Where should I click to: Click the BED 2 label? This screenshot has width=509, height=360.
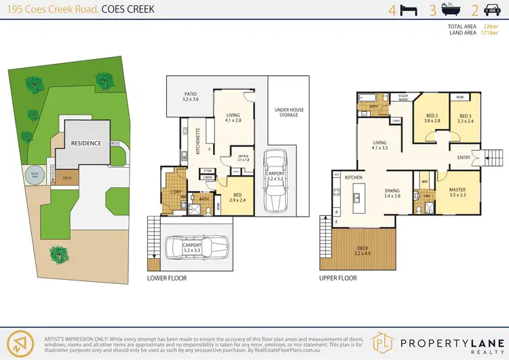point(433,116)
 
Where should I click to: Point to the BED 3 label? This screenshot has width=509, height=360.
point(465,116)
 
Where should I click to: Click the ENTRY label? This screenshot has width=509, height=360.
point(464,157)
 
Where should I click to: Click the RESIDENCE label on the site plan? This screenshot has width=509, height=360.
point(86,143)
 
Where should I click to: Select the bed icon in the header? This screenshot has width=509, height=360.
point(409,10)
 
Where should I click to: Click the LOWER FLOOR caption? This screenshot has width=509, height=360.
point(166,278)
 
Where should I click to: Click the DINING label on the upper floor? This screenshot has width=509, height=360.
point(373,191)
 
